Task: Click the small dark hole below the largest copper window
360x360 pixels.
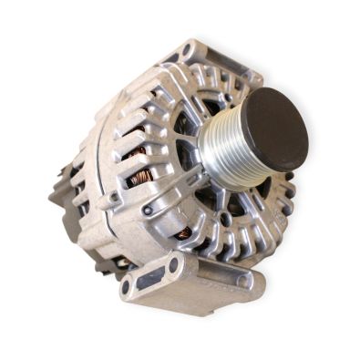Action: (146, 211)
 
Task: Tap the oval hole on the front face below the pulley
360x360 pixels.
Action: (223, 219)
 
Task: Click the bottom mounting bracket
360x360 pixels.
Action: (191, 283)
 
